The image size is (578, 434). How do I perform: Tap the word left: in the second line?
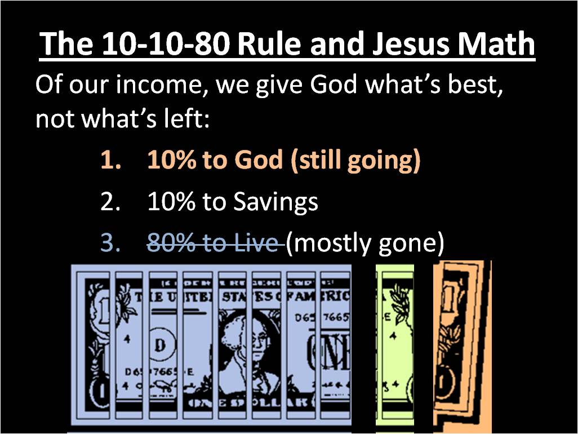point(184,120)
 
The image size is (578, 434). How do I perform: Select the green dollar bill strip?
point(394,347)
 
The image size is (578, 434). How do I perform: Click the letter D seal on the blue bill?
point(159,345)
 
